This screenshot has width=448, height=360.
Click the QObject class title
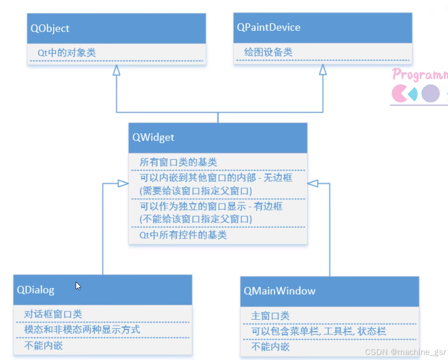pos(50,28)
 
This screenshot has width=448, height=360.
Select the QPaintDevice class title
pos(269,28)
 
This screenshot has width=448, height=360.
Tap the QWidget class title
pos(153,137)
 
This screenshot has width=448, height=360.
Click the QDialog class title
pos(36,290)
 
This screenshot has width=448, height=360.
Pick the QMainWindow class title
pos(279,291)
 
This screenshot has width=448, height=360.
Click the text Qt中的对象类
pos(66,52)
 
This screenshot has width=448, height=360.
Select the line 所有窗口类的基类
pos(178,162)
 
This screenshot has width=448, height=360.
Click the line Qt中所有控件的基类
pos(183,235)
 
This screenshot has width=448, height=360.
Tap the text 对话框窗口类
pos(53,314)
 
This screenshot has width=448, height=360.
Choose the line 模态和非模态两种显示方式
pos(82,330)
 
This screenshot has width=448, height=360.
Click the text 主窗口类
pos(270,316)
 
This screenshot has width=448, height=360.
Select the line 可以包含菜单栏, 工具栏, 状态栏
pos(318,331)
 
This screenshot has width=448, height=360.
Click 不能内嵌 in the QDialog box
pos(43,345)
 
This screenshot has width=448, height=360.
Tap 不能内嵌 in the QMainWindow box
pos(270,347)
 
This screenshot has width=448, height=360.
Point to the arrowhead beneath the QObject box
pos(116,70)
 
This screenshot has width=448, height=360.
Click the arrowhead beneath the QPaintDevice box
pos(323,70)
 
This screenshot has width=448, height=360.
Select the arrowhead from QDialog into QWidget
pos(123,183)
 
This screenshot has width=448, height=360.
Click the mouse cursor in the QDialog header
pos(78,286)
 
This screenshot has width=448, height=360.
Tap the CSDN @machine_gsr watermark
pos(405,352)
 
